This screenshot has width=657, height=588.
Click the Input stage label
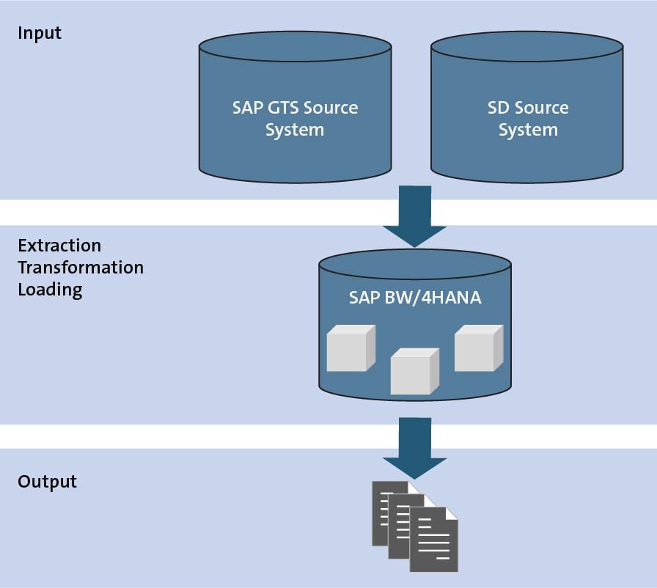(x=40, y=34)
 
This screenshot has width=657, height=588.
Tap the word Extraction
(x=59, y=246)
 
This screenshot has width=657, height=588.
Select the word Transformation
(x=81, y=268)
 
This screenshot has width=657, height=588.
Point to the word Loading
(x=50, y=290)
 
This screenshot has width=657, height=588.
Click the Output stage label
(x=47, y=482)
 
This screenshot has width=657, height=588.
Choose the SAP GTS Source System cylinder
(x=295, y=107)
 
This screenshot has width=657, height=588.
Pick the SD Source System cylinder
(x=527, y=107)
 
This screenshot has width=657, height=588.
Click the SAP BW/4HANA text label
(x=415, y=298)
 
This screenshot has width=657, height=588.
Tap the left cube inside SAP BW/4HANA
(x=350, y=348)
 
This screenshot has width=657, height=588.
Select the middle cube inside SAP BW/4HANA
(x=415, y=371)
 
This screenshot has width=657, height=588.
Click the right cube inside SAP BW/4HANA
(x=479, y=348)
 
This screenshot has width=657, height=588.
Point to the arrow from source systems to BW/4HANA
(x=415, y=216)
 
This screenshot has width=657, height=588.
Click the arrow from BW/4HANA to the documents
(x=415, y=448)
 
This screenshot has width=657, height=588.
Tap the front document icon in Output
(x=433, y=540)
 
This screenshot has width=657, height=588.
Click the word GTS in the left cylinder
(x=283, y=108)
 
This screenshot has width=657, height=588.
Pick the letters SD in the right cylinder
(x=498, y=108)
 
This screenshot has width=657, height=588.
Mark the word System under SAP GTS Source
(x=295, y=131)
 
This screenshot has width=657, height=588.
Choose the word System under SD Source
(x=528, y=131)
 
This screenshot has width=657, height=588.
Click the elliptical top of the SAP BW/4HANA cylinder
(x=415, y=264)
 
